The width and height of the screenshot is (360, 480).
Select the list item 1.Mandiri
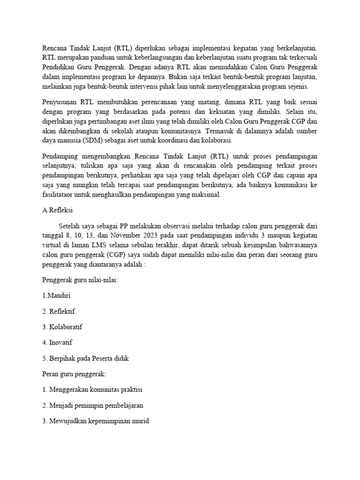[x=56, y=295]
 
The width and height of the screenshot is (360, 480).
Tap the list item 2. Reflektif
[x=59, y=311]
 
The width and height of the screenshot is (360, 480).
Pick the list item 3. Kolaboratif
[x=62, y=327]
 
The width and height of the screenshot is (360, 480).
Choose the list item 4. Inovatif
[x=58, y=343]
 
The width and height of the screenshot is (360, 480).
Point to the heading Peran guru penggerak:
[x=74, y=374]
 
